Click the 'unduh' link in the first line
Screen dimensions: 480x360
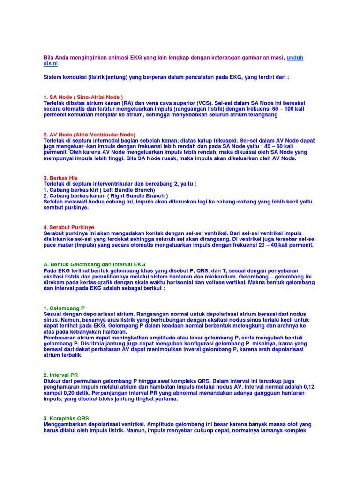point(295,57)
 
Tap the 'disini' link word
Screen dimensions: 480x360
point(51,63)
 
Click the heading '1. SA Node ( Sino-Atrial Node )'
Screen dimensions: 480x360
point(83,97)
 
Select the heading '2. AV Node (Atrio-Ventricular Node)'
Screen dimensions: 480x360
point(89,135)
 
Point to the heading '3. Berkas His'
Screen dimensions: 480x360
point(60,178)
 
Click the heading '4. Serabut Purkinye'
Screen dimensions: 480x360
point(68,227)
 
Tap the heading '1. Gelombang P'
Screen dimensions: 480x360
point(64,308)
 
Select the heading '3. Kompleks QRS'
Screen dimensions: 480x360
point(66,418)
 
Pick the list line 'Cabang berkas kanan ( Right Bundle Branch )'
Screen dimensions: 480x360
point(105,196)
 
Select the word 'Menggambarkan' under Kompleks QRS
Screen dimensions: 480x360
point(65,424)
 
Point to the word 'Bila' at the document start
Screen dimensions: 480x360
point(49,57)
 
